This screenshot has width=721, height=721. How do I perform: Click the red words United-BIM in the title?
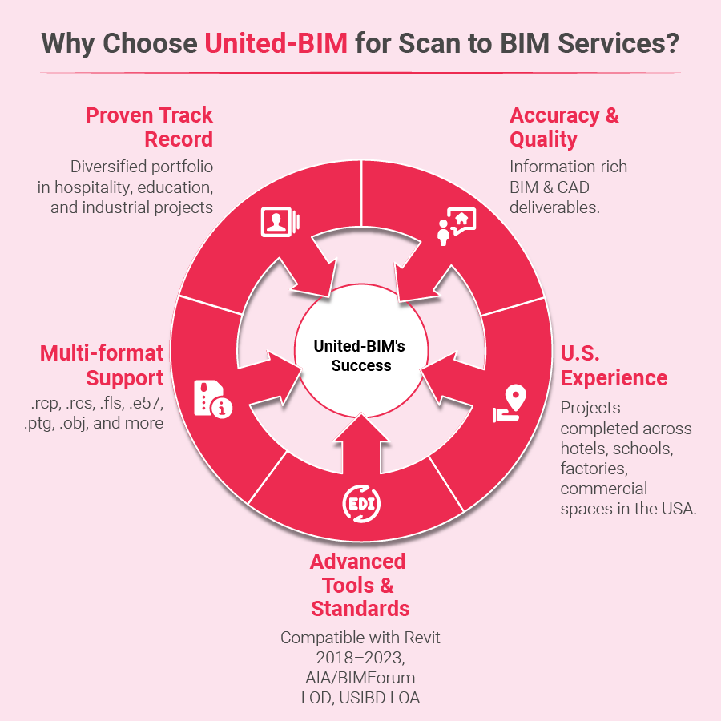(x=276, y=44)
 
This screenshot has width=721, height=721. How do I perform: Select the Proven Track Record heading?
(x=150, y=127)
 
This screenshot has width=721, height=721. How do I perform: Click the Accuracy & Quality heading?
(x=564, y=127)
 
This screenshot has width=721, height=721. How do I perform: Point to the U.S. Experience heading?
(x=614, y=365)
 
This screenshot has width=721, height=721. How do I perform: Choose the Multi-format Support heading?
(x=102, y=365)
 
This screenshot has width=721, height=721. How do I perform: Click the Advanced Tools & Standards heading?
(x=360, y=585)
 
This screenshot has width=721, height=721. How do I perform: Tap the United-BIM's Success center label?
(x=360, y=356)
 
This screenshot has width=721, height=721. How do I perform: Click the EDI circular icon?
(x=361, y=504)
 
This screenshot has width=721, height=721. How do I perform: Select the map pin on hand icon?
(x=510, y=403)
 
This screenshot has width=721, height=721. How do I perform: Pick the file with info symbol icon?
(x=213, y=399)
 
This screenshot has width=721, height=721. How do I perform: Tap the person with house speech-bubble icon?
(x=457, y=226)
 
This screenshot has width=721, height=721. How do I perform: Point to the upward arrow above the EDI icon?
(x=361, y=444)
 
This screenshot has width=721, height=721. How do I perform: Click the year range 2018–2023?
(x=360, y=658)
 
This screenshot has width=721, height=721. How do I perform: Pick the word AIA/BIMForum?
(x=360, y=678)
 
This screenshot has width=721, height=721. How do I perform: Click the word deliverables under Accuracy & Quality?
(x=554, y=207)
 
